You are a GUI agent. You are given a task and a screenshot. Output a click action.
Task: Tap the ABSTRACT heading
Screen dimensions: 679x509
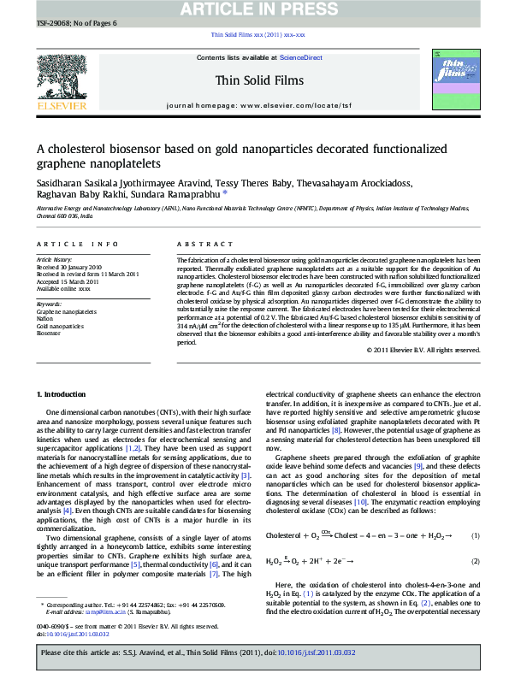click(198, 243)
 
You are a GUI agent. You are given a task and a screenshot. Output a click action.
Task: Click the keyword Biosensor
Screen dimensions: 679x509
click(49, 333)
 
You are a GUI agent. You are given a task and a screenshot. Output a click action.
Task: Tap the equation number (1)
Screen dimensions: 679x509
click(475, 535)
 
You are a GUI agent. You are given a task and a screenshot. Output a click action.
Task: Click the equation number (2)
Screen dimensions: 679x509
click(475, 561)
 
